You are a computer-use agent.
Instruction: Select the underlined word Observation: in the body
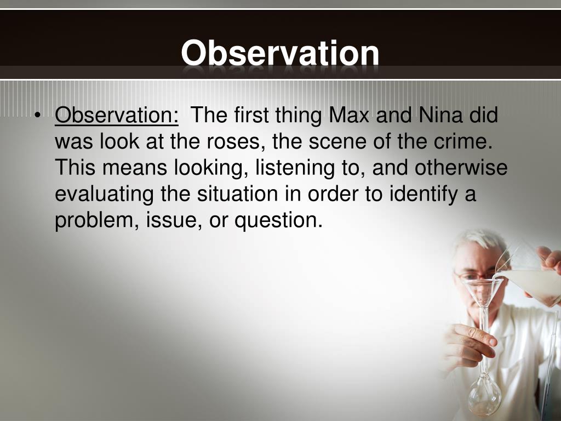pyautogui.click(x=117, y=116)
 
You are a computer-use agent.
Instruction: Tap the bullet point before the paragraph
pyautogui.click(x=37, y=117)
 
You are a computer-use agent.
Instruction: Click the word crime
pyautogui.click(x=462, y=142)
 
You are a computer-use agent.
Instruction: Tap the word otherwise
pyautogui.click(x=461, y=168)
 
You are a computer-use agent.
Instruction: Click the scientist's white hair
pyautogui.click(x=474, y=241)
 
